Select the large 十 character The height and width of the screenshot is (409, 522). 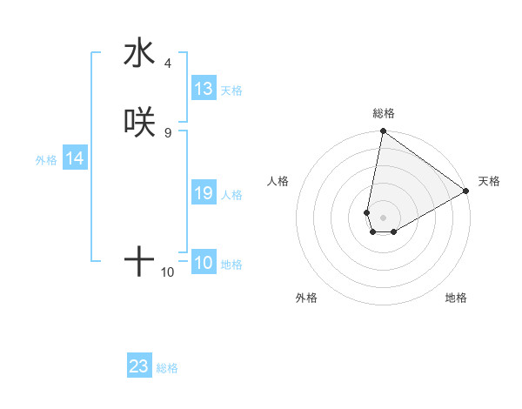point(139,262)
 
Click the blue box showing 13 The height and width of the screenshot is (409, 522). point(204,89)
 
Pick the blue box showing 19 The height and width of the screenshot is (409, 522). point(204,194)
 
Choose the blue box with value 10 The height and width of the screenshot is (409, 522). point(204,264)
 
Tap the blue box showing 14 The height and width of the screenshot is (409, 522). point(75,159)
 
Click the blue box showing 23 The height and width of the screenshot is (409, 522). point(139,366)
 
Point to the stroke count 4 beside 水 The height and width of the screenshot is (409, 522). point(167,64)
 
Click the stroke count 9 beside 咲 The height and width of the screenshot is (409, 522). point(167,133)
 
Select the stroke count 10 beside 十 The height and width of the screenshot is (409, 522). point(168,272)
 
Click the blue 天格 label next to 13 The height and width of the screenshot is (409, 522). point(231,91)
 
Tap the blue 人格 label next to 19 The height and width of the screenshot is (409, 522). point(231,195)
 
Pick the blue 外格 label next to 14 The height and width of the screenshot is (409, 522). point(46,160)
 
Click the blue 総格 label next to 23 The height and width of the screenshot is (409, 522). point(167,368)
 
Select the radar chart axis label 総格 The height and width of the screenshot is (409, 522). point(384,113)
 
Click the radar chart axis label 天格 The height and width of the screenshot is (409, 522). point(489,181)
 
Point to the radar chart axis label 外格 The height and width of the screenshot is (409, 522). point(306,298)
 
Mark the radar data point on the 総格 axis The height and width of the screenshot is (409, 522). point(383,132)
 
